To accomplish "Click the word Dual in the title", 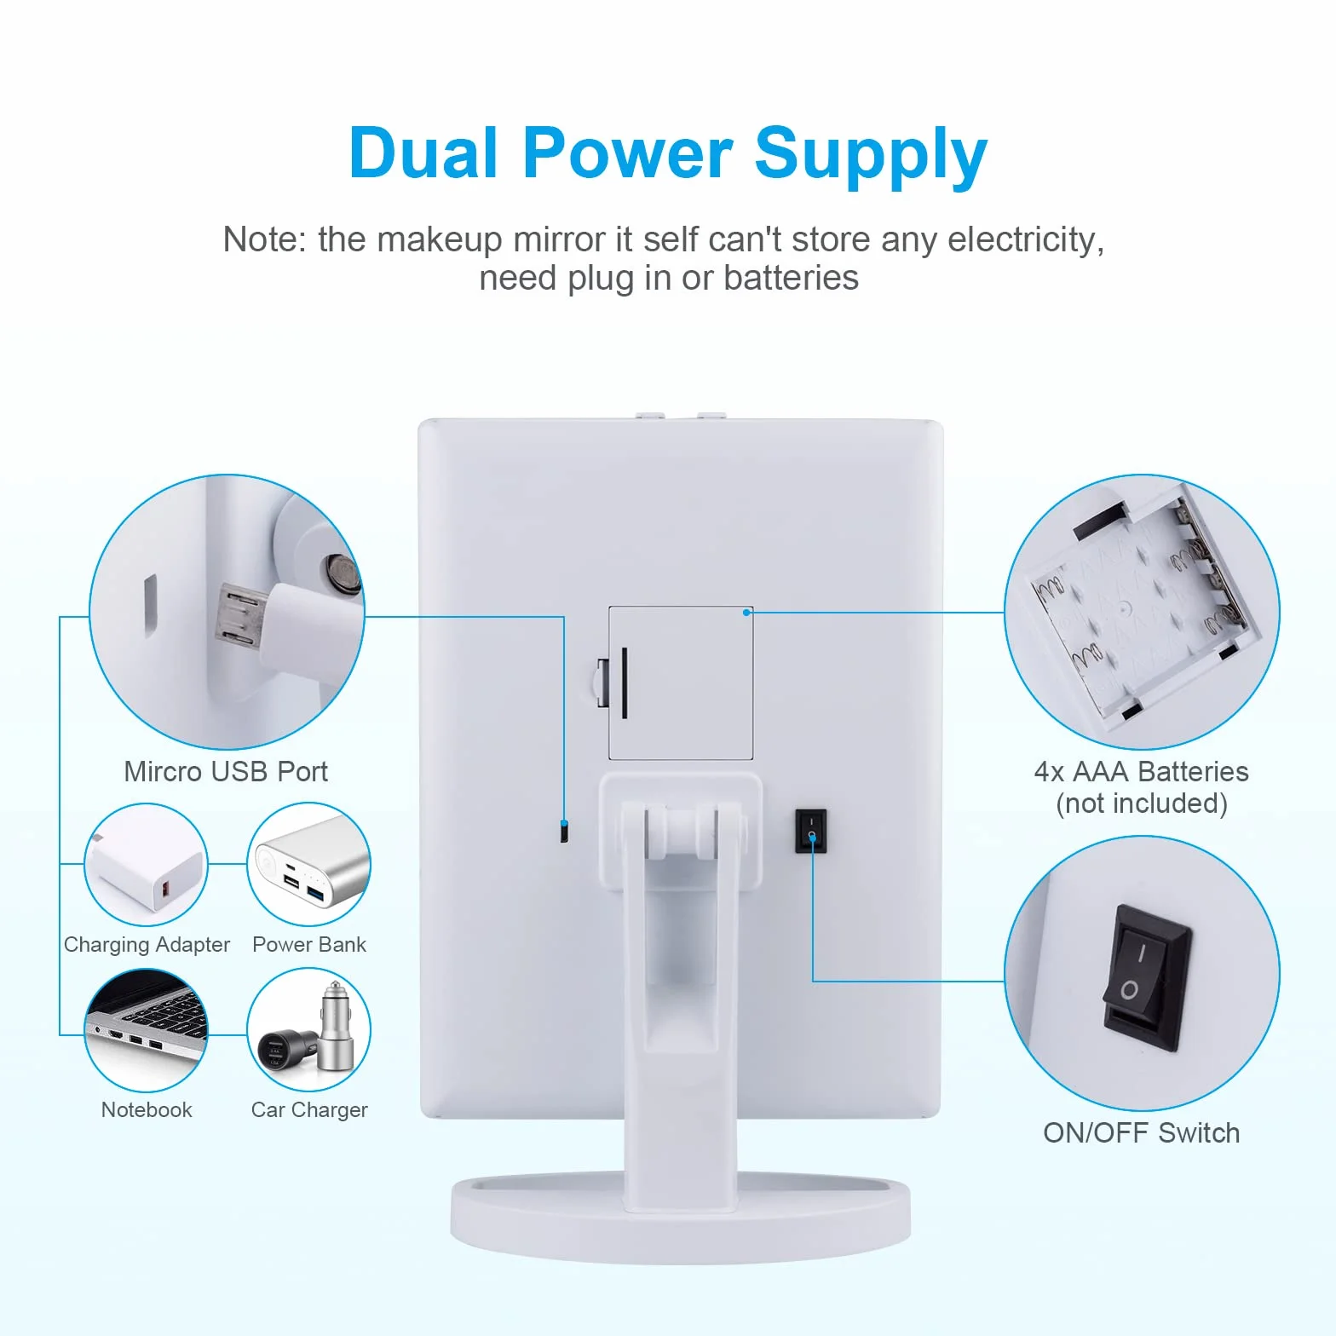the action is (423, 153).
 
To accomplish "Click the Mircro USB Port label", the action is (226, 771).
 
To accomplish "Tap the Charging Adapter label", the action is (147, 945).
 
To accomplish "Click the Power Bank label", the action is (309, 944).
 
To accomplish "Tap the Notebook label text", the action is (147, 1109).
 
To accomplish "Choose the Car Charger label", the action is (309, 1110).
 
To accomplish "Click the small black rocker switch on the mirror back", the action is (811, 831).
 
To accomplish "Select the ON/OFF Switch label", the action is (1142, 1132).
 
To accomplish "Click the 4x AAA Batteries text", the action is (1142, 771).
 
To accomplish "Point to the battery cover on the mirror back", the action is (681, 682).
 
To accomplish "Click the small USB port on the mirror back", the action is (564, 831).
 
